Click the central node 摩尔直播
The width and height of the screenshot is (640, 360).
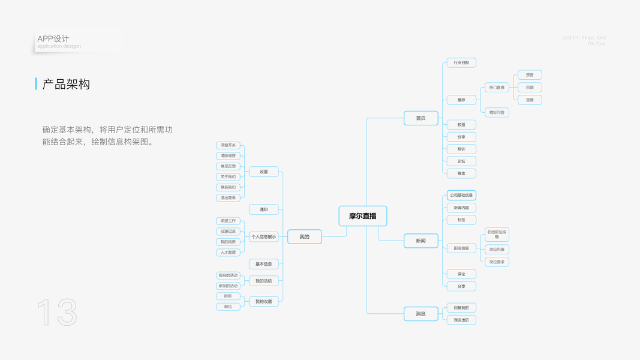362,216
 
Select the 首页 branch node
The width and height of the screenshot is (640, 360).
420,118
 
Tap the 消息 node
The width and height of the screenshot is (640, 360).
420,314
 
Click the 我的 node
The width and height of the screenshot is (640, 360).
304,237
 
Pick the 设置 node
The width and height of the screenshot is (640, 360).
264,172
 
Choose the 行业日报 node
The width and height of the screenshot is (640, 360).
461,62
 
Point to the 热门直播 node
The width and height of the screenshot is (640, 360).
497,88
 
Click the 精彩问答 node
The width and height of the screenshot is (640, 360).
497,112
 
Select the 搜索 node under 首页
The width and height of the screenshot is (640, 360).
461,173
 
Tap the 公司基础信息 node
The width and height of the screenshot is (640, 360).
461,195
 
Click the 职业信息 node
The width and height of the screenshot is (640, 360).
461,248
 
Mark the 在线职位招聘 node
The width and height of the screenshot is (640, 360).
497,234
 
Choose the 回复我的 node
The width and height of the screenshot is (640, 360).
461,308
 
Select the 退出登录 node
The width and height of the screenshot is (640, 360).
228,197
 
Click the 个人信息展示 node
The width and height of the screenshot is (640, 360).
264,237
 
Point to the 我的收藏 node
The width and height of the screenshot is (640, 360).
264,302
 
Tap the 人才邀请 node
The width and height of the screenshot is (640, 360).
228,253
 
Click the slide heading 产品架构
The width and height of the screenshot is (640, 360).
66,85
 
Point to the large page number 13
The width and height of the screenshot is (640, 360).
58,313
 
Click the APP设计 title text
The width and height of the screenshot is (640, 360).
53,39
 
